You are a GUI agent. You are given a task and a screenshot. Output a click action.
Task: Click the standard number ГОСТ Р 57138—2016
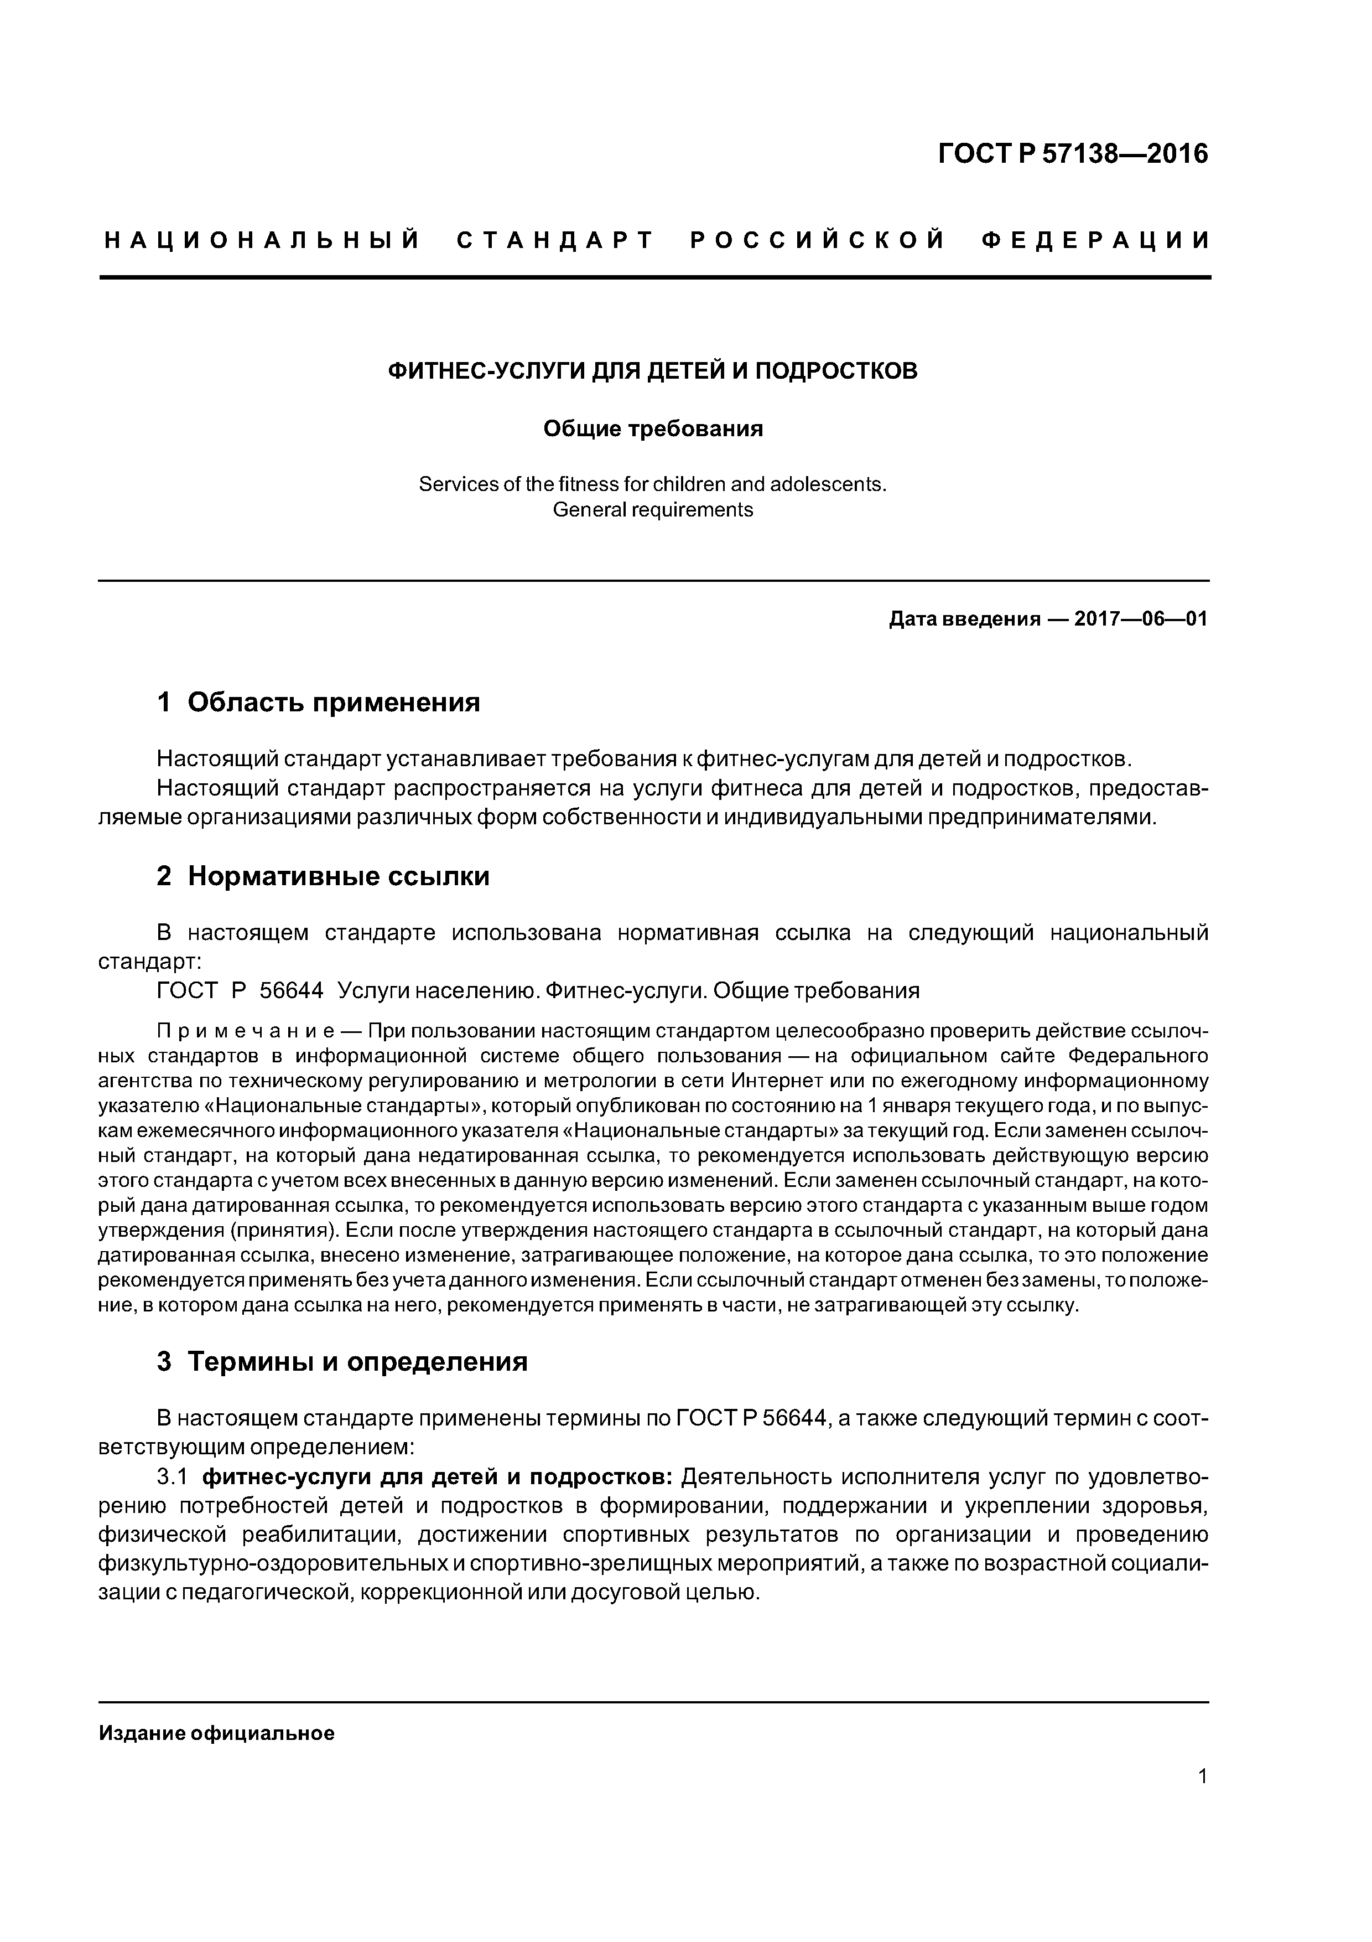(x=1074, y=154)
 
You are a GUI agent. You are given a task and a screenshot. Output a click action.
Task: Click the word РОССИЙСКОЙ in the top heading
(x=818, y=241)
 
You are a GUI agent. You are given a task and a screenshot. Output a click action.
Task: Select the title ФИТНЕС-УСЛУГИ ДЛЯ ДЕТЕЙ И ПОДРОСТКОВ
(x=652, y=371)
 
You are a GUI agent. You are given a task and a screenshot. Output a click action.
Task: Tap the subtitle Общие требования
(x=653, y=429)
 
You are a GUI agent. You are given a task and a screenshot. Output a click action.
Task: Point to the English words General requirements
(x=653, y=510)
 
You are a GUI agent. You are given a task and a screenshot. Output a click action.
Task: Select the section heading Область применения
(x=334, y=702)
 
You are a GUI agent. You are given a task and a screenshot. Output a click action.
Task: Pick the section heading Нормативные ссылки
(x=338, y=876)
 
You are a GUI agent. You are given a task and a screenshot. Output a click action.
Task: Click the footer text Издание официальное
(x=216, y=1733)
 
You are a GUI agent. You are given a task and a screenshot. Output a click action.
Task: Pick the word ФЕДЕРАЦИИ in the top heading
(x=1095, y=241)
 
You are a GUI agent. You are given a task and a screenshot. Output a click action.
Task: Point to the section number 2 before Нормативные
(x=164, y=876)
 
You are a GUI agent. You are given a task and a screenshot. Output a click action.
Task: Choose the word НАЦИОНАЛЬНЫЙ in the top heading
(x=262, y=241)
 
